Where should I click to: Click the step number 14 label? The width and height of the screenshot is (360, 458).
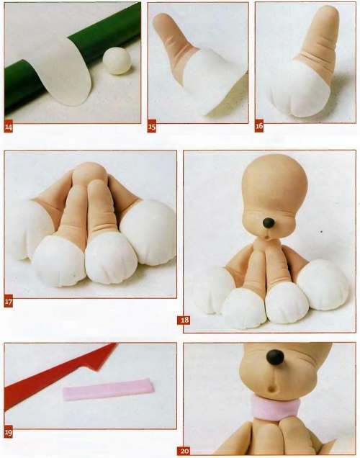(9, 127)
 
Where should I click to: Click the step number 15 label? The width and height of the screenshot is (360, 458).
(151, 127)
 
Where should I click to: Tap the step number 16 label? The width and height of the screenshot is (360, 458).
(259, 126)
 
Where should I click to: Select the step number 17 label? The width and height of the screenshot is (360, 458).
(9, 302)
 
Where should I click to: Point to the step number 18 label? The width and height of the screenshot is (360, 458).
(184, 320)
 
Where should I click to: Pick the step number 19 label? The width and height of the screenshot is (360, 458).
(9, 432)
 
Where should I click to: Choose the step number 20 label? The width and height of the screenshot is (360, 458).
(184, 451)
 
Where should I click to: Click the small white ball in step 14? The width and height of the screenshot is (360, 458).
(117, 61)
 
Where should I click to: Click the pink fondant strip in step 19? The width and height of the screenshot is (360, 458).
(108, 390)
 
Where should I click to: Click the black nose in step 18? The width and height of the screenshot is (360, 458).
(269, 223)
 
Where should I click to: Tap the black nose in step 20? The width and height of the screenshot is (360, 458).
(275, 357)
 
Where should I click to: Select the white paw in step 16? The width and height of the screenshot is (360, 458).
(298, 91)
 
